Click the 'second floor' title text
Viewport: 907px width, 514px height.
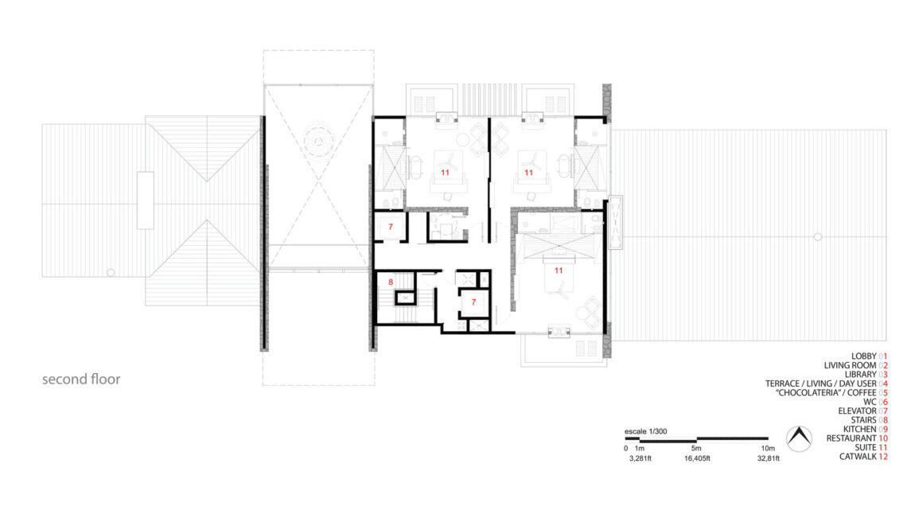[x=81, y=380]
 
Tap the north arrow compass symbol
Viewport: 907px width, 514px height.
[x=799, y=439]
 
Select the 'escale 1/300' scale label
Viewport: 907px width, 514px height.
[x=645, y=431]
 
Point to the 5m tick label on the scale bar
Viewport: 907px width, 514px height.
[x=696, y=448]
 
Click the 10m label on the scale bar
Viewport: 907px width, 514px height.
[x=768, y=448]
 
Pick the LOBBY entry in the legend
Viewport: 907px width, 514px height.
[x=869, y=356]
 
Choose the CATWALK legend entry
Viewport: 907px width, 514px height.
[x=863, y=457]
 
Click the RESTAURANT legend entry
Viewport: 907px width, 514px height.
[x=857, y=438]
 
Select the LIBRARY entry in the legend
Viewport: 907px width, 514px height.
[x=866, y=375]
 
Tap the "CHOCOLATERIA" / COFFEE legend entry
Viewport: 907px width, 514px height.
[x=831, y=392]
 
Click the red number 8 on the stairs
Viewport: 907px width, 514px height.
[x=391, y=282]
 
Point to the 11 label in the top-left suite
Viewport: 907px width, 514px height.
[x=445, y=173]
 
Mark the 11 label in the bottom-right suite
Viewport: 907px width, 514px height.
[x=559, y=270]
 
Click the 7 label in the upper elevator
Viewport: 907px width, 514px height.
[x=391, y=227]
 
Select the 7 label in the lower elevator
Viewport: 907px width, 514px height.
[x=473, y=302]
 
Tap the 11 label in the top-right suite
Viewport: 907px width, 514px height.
[x=528, y=173]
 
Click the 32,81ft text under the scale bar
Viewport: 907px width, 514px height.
[x=769, y=458]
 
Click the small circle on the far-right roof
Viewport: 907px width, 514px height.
[x=817, y=236]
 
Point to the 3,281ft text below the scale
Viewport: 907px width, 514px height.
[x=640, y=458]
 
